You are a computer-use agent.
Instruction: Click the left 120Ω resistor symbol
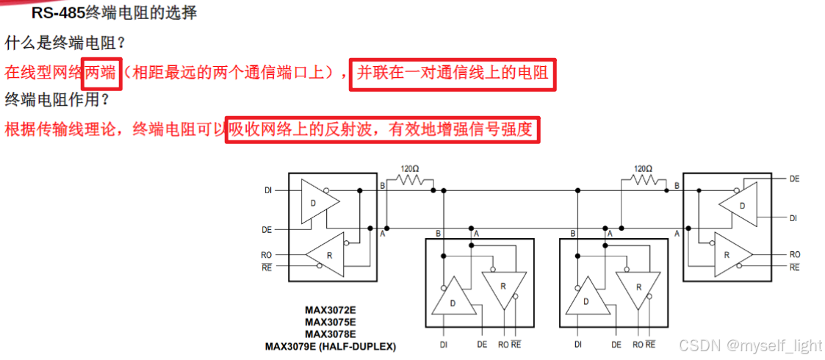(x=410, y=179)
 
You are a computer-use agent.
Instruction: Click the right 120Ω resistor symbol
(x=643, y=179)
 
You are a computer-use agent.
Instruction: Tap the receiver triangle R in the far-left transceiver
(x=326, y=253)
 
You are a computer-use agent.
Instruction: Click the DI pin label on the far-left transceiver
(x=268, y=190)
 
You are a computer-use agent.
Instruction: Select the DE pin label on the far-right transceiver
(x=794, y=179)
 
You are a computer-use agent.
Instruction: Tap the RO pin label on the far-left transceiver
(x=267, y=255)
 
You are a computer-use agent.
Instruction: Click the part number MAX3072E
(x=331, y=310)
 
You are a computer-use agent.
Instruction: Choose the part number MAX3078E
(x=331, y=334)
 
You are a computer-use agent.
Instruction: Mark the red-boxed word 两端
(x=101, y=73)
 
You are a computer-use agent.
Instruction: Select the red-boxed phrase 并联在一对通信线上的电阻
(x=452, y=73)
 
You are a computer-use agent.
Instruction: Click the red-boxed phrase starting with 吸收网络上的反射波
(x=381, y=130)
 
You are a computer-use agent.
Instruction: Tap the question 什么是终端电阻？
(x=65, y=43)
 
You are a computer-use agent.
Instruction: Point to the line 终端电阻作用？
(x=57, y=100)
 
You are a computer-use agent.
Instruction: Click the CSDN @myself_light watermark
(x=749, y=345)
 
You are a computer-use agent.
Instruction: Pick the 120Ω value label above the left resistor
(x=410, y=168)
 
